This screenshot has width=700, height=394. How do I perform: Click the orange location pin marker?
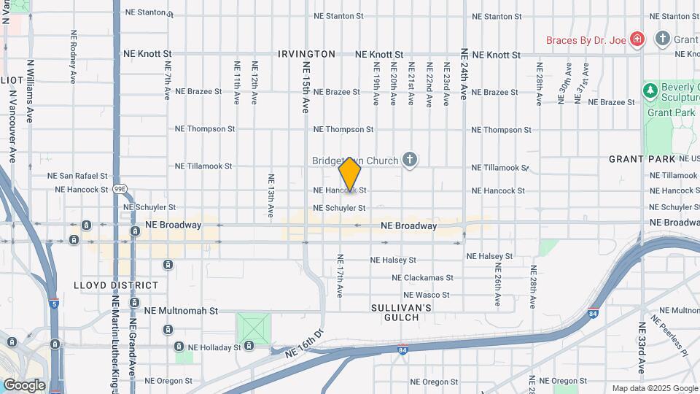coord(351,174)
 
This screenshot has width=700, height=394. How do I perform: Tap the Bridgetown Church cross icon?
coord(410,160)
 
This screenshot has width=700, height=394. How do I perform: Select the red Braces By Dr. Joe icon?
coord(637,39)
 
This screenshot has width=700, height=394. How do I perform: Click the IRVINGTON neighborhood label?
coord(306,54)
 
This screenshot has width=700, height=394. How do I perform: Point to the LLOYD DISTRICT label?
coord(116,285)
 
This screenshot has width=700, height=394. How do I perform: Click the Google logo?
coord(24,385)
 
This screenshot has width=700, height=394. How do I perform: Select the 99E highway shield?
coord(120,189)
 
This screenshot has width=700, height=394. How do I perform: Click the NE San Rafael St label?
coord(77,176)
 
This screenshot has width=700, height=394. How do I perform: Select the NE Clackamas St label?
coord(422,277)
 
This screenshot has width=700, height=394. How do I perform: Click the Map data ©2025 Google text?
coord(654,388)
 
